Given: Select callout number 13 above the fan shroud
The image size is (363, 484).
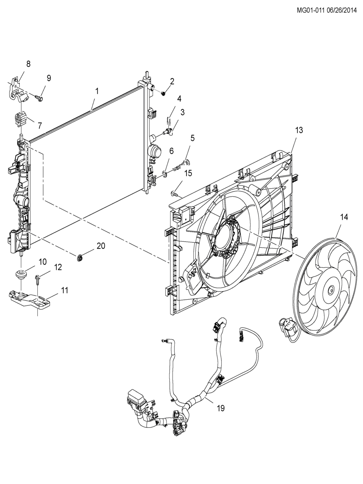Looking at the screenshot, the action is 299,130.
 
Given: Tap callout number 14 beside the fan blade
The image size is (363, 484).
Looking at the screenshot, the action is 344,217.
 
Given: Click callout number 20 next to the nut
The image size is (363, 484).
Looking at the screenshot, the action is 101,246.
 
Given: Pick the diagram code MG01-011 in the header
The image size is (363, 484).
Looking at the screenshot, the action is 310,10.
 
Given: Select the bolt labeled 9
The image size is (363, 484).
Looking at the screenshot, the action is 39,98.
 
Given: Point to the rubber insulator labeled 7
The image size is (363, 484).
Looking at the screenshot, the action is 21,119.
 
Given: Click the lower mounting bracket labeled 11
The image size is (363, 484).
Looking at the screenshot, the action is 30,298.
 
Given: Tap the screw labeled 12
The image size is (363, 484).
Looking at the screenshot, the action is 38,279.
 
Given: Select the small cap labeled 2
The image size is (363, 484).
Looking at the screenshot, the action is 163,94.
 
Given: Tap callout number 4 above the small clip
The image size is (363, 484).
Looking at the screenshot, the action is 179,99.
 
